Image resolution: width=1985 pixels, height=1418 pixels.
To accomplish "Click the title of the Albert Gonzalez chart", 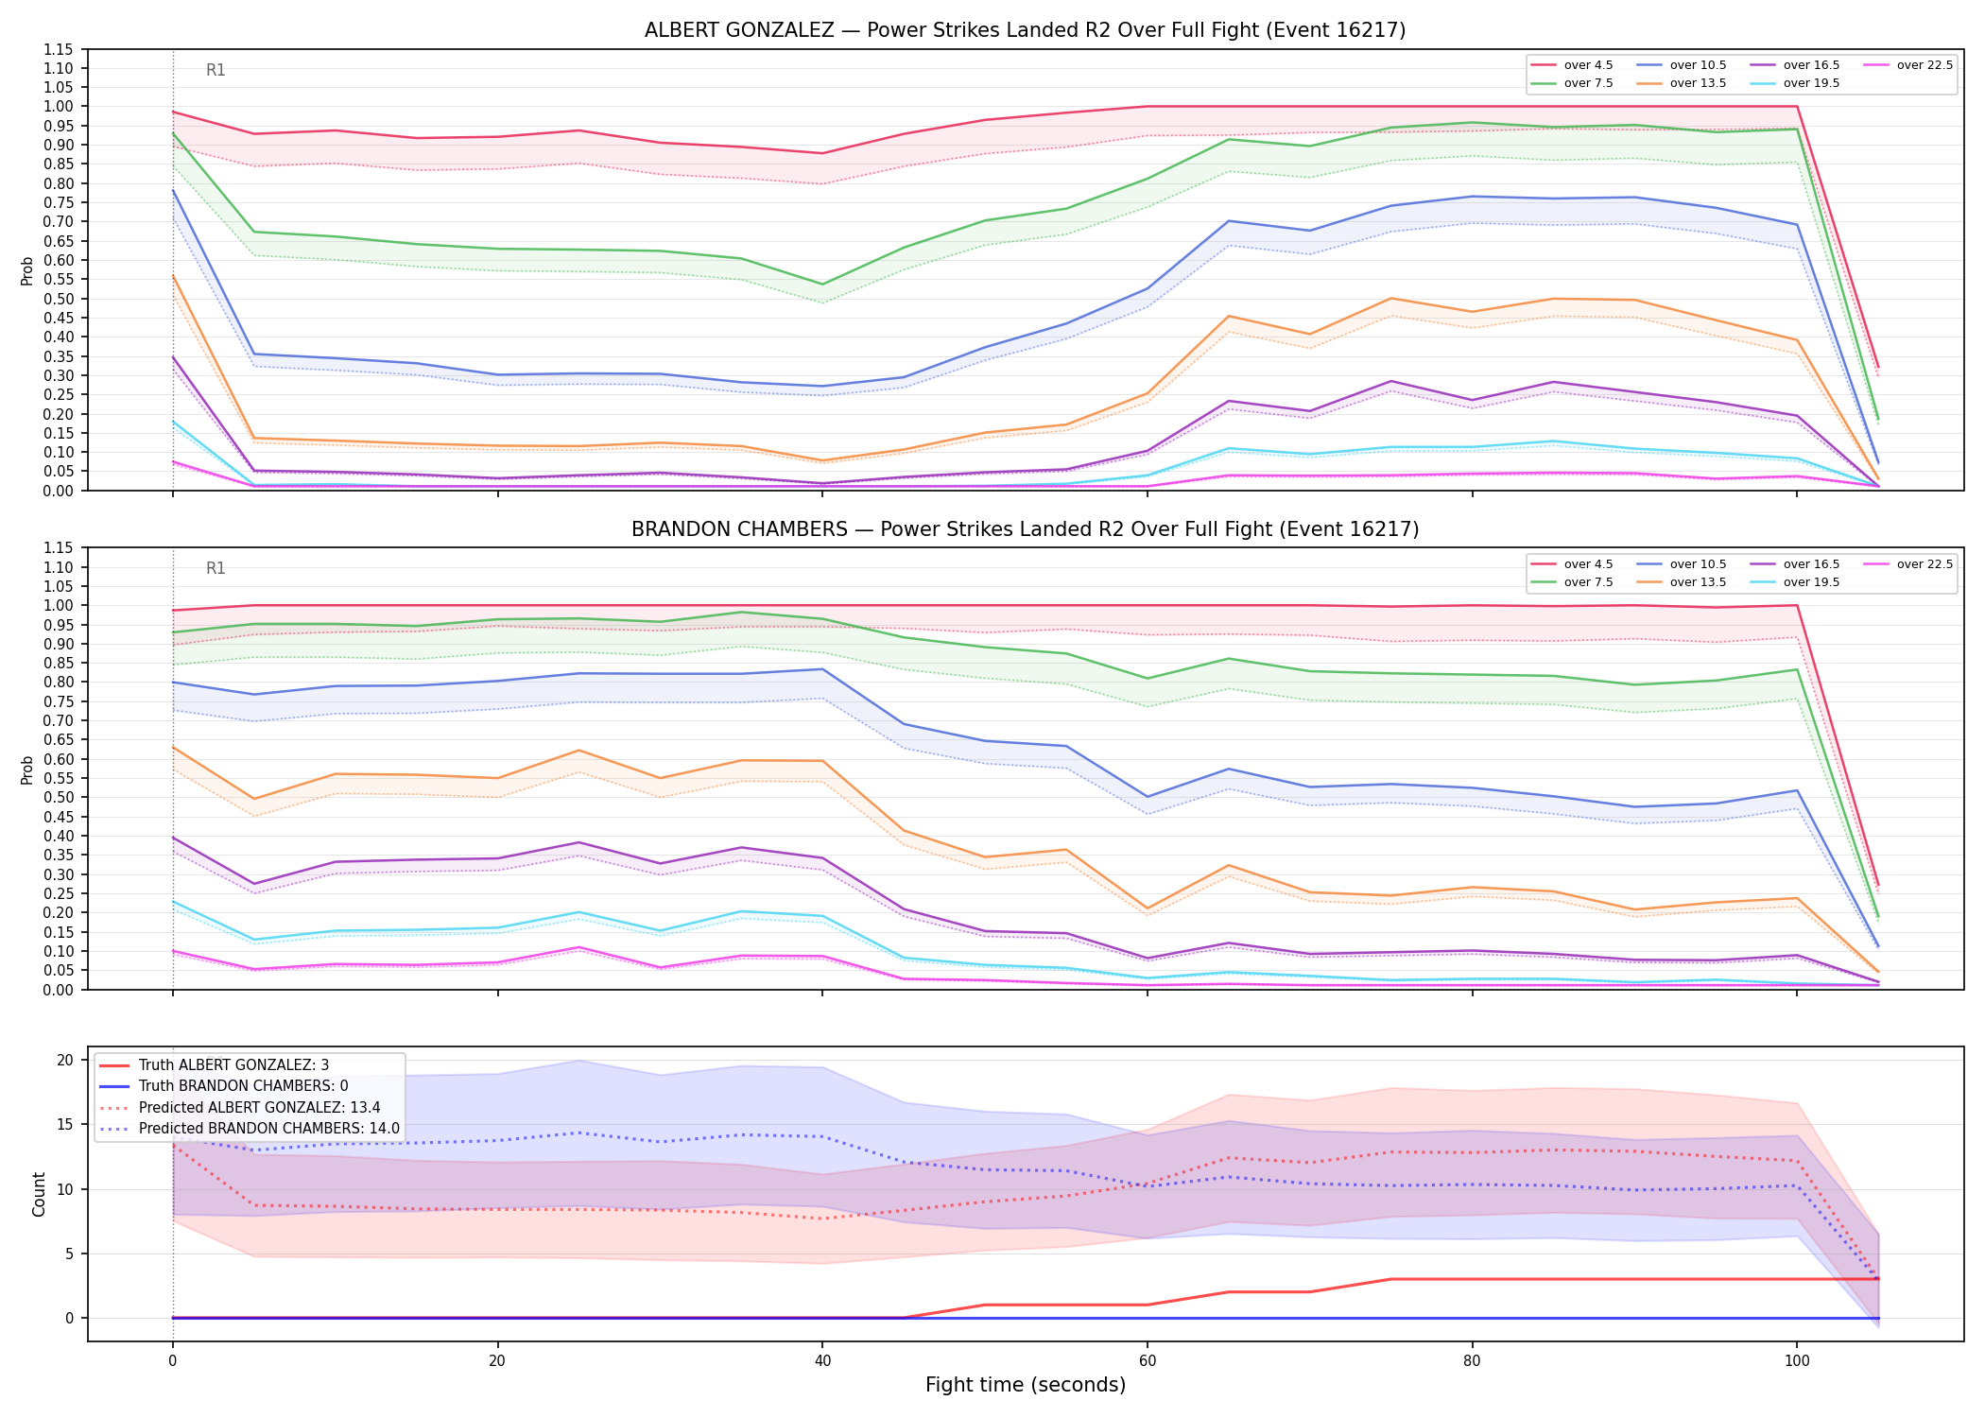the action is click(1025, 30).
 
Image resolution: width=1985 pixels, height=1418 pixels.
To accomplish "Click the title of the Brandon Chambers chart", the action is click(1025, 529).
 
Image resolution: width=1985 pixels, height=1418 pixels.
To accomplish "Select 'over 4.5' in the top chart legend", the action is click(1588, 65).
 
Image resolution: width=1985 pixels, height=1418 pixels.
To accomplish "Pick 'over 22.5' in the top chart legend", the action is click(1925, 65).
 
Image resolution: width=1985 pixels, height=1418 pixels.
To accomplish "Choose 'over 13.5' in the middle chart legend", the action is click(1698, 582).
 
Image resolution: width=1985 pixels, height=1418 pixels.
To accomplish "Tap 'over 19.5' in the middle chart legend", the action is click(1811, 582).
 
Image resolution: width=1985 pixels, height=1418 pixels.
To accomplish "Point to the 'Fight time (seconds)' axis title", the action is click(1026, 1385).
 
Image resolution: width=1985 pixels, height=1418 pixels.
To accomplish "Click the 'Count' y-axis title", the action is click(39, 1194).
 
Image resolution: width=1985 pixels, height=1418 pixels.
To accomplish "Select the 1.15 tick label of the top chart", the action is click(59, 49).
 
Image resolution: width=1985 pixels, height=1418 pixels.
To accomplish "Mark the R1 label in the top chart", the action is click(216, 70).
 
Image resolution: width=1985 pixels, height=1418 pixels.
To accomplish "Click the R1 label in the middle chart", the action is click(216, 568).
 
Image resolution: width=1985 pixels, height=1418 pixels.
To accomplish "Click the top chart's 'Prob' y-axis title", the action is click(27, 271).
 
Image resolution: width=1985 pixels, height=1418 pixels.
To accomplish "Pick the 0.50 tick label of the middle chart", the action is click(59, 797).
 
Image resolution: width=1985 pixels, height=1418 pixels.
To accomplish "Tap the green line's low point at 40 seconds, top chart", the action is click(822, 285).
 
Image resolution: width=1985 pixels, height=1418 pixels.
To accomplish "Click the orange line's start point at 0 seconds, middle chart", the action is click(173, 748).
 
